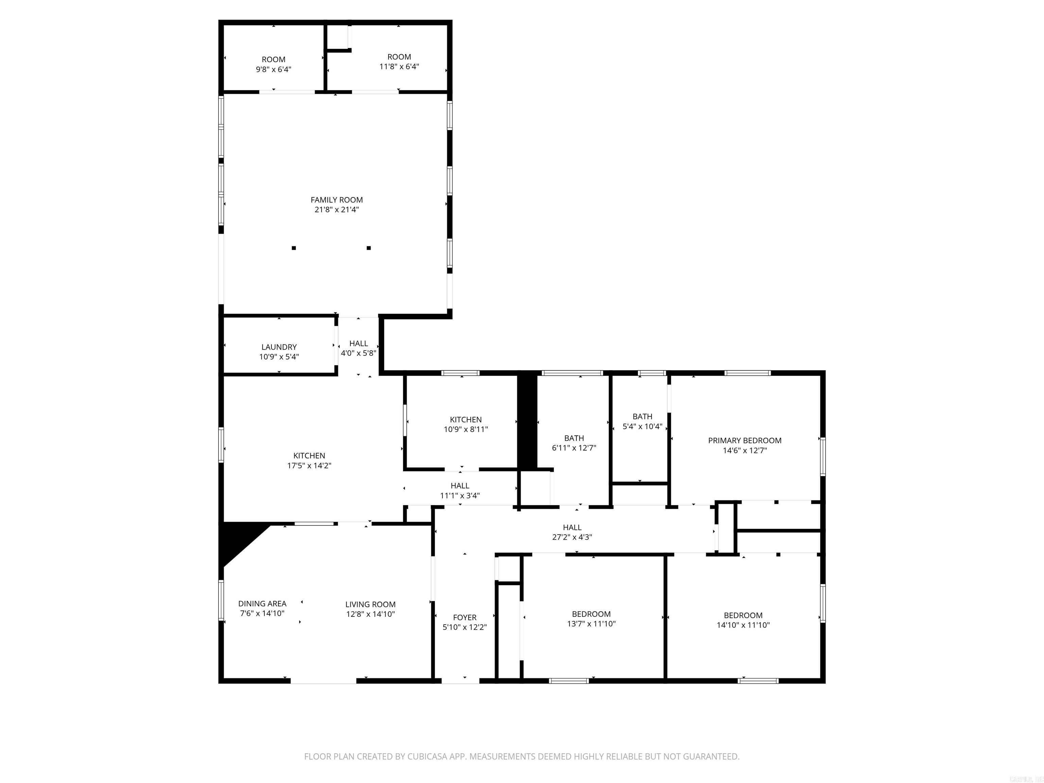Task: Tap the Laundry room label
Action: coord(279,347)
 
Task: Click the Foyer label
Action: coord(465,617)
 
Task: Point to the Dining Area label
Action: coord(262,604)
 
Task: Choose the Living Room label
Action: coord(370,604)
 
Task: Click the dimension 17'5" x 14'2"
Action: coord(309,465)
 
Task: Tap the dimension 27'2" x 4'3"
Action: coord(572,537)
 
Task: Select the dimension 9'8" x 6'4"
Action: coord(273,69)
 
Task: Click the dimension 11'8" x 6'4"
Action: coord(399,67)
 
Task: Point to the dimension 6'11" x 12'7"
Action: coord(574,448)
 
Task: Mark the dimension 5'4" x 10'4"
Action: coord(642,426)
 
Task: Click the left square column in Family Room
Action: coord(294,248)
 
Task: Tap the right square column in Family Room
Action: coord(369,248)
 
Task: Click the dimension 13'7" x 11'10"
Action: coord(591,624)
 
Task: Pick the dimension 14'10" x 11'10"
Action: coord(743,625)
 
